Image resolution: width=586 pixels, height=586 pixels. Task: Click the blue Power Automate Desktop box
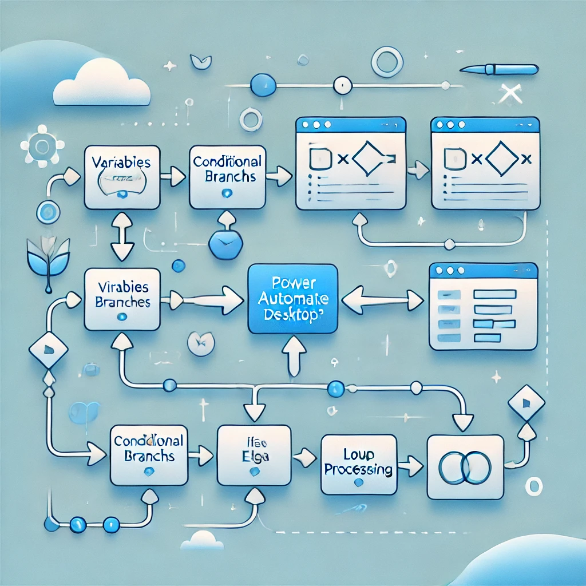pyautogui.click(x=292, y=298)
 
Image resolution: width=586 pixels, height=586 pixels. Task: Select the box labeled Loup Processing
pyautogui.click(x=358, y=464)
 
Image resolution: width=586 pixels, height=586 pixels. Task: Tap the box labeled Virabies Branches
pyautogui.click(x=123, y=299)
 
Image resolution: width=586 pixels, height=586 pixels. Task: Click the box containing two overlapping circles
pyautogui.click(x=465, y=466)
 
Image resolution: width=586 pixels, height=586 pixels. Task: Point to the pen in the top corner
pyautogui.click(x=500, y=69)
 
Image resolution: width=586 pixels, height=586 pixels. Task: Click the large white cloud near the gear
pyautogui.click(x=101, y=85)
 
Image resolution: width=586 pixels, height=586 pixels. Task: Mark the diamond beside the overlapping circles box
pyautogui.click(x=526, y=402)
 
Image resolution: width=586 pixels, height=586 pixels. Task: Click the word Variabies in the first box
pyautogui.click(x=121, y=162)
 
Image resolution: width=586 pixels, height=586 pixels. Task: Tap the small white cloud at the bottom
pyautogui.click(x=201, y=540)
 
